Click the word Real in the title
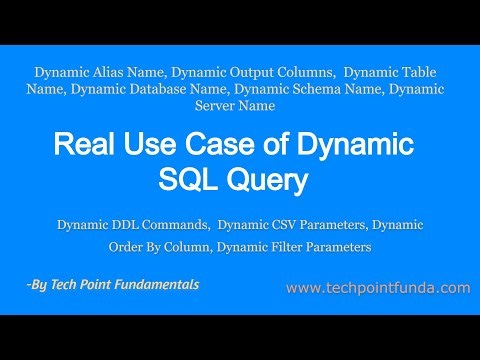(x=84, y=146)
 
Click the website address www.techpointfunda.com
(x=377, y=288)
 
